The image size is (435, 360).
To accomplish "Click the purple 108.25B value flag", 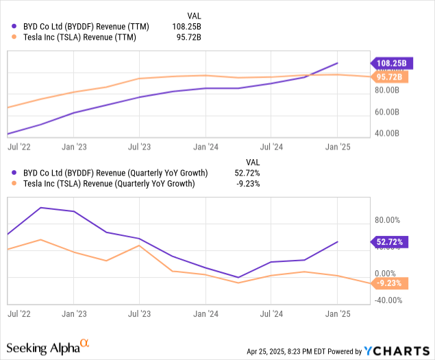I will click(x=391, y=63).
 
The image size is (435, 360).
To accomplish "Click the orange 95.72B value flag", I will click(x=391, y=77).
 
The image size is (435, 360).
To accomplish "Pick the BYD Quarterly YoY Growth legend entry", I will click(x=110, y=173).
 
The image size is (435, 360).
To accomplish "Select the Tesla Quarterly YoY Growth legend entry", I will click(x=107, y=184).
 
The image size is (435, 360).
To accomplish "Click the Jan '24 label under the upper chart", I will click(x=206, y=146).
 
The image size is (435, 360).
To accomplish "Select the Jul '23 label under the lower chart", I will click(x=140, y=313).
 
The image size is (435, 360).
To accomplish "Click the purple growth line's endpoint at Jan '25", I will click(x=337, y=241).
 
